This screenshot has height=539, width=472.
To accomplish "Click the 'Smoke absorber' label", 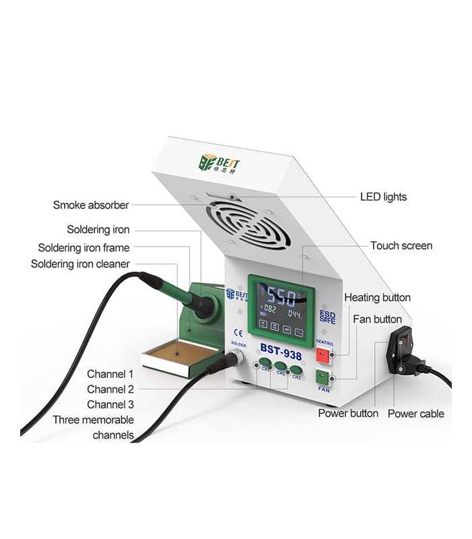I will pos(90,205).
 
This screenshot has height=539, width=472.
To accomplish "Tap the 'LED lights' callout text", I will pos(383,197).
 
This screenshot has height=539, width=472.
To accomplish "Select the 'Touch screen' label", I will pos(401,246).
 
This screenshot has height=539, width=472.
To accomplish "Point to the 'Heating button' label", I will pos(377,297).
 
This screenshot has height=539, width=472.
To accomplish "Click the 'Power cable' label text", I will pos(415,413).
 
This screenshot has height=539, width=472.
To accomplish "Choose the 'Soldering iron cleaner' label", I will pos(80,264).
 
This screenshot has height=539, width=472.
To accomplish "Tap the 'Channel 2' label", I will pos(110,389).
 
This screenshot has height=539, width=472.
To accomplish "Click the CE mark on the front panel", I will pos(237,331).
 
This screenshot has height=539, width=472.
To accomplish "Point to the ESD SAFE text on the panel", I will pos(328,317).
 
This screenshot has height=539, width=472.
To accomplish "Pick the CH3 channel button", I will pos(296,369).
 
